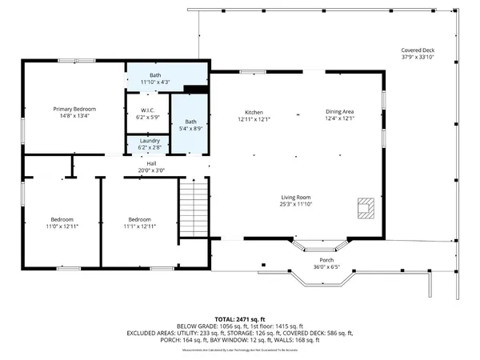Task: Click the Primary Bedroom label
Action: coord(74,109)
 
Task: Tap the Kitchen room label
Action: coord(254,112)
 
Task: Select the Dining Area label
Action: coord(340,112)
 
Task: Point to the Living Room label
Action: coord(295,197)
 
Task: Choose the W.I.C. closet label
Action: coord(147,110)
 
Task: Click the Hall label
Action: coord(150,163)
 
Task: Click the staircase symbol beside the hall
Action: coord(193,209)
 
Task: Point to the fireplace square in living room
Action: coord(365,208)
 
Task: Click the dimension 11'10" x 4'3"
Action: coord(155,81)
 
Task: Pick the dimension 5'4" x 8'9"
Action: coord(190,127)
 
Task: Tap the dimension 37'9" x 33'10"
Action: coord(417,58)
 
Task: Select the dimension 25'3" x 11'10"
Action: coord(295,204)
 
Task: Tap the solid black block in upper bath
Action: coord(195,89)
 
